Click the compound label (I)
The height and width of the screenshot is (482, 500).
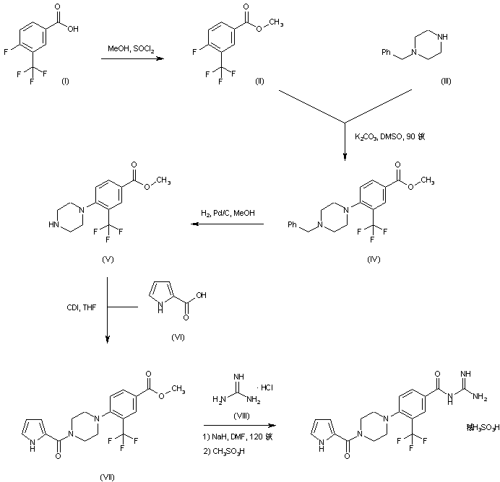65,80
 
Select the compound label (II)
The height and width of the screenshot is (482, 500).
259,80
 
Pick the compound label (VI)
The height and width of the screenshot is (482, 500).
178,337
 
